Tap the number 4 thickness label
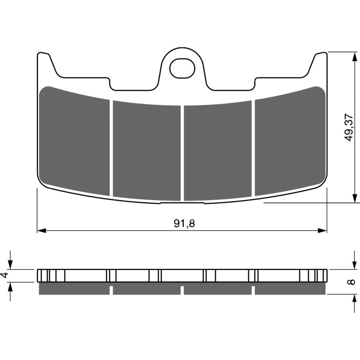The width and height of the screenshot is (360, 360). [5, 275]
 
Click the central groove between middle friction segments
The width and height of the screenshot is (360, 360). [182, 153]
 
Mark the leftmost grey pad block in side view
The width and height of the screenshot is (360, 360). [75, 289]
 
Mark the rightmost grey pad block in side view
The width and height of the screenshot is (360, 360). [289, 289]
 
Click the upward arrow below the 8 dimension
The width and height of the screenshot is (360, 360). [352, 299]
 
